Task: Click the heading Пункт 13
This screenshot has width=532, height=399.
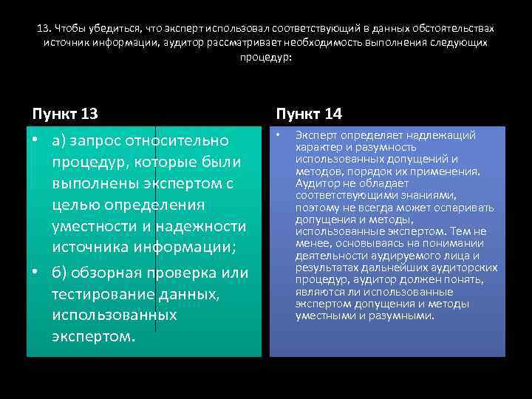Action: (66, 114)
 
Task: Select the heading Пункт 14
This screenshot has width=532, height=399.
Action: (308, 114)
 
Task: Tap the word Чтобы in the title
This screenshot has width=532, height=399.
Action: (70, 28)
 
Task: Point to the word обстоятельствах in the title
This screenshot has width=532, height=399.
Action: (456, 28)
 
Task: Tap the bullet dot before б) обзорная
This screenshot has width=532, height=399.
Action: (35, 273)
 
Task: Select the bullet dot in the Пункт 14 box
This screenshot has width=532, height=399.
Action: (279, 136)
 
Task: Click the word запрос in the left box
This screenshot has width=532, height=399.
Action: (96, 140)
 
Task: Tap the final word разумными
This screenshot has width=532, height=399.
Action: (405, 316)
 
